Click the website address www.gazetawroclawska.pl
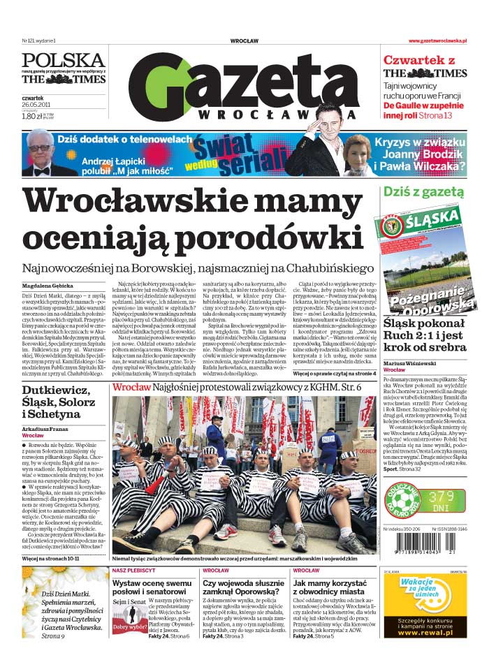click(437, 41)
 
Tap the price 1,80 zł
click(33, 117)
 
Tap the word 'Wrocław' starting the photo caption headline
click(127, 387)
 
